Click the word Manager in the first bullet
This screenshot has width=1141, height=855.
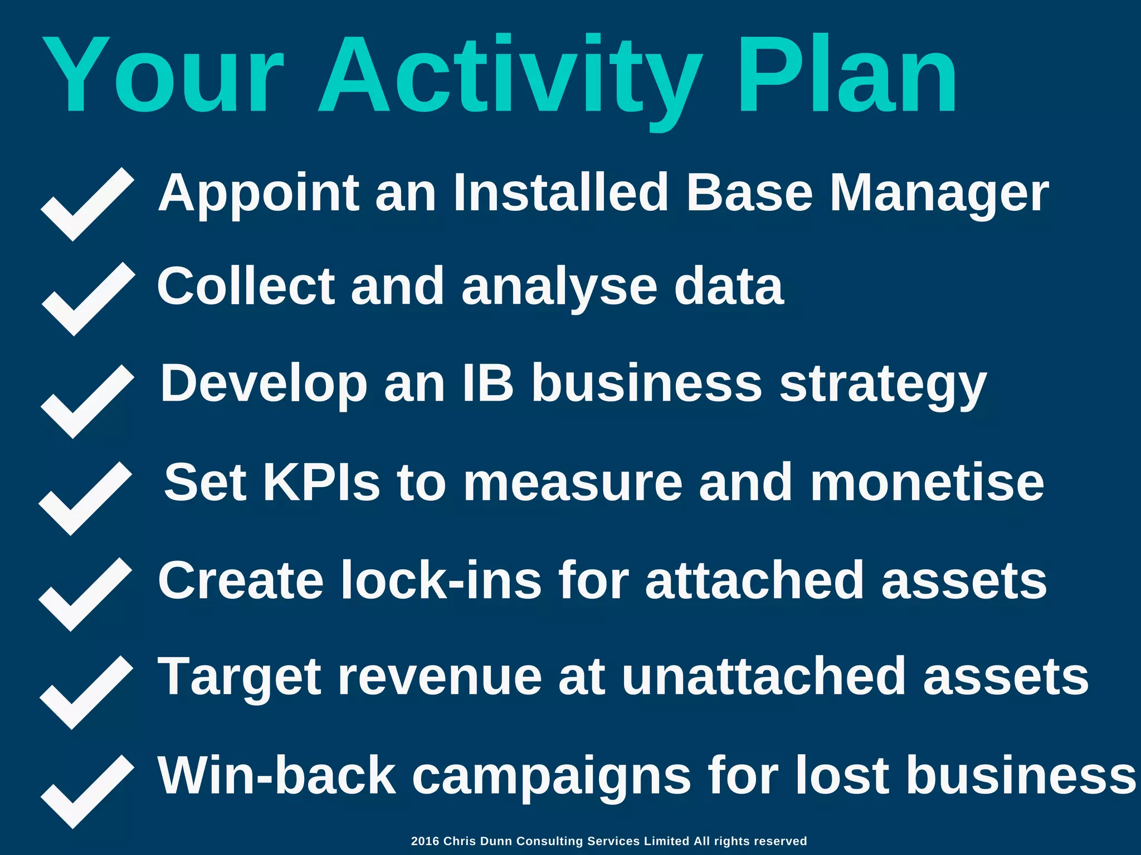pos(939,193)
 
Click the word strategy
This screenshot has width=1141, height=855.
pos(882,385)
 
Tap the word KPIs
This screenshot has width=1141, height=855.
pos(321,482)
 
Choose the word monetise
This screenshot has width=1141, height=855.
pos(927,482)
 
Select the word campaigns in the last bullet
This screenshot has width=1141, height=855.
pos(552,776)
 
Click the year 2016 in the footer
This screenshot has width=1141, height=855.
pos(425,841)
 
